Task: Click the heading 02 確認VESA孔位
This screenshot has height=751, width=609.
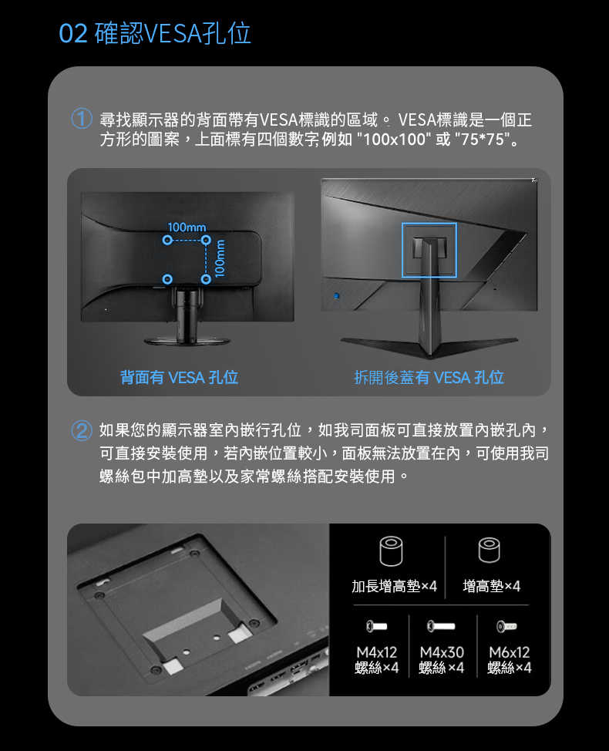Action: coord(155,34)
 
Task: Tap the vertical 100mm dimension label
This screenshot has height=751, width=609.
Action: coord(220,258)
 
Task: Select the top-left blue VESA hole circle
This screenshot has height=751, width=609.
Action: coord(167,241)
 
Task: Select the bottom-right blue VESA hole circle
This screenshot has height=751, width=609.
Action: coord(205,278)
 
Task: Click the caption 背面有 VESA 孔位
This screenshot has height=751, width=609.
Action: coord(179,377)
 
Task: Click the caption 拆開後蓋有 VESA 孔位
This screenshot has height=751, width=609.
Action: coord(429,377)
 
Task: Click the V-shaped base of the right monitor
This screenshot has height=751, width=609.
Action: coord(429,345)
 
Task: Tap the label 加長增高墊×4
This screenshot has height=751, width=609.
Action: coord(394,587)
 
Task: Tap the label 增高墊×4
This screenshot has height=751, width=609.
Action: coord(491,587)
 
